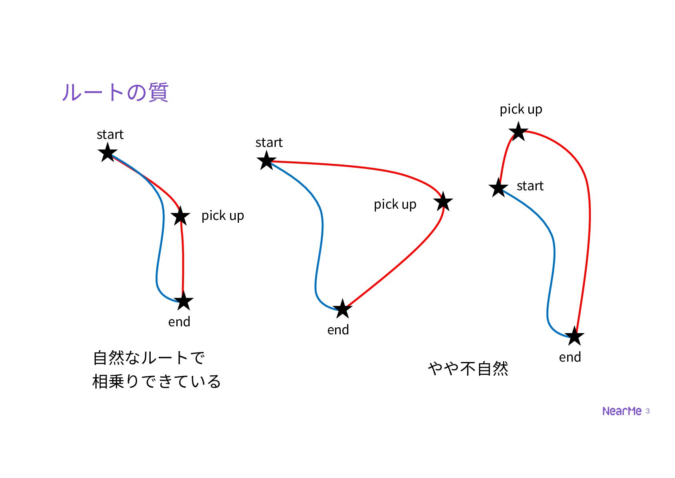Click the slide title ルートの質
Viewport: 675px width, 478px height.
115,92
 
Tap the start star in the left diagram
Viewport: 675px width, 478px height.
107,153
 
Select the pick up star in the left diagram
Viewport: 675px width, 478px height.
180,216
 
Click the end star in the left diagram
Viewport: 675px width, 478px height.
184,301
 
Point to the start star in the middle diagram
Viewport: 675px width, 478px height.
267,161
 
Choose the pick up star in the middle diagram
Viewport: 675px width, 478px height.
443,201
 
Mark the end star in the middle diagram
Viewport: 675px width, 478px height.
342,309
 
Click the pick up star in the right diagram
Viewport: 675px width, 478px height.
518,132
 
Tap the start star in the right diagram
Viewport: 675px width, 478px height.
498,188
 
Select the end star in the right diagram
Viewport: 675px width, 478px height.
574,336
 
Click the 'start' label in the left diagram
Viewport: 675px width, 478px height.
110,134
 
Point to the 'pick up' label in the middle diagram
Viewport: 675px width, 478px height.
395,205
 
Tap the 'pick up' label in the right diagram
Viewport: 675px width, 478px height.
521,109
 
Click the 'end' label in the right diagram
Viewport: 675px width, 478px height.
570,357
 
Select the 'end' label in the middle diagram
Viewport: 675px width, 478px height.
338,330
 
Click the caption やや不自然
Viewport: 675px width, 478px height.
468,368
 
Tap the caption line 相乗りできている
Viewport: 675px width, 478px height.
156,381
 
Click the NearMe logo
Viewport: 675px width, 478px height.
622,411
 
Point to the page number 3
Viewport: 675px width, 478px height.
648,411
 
